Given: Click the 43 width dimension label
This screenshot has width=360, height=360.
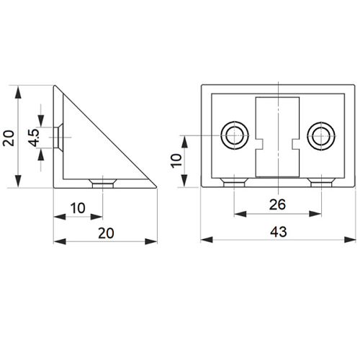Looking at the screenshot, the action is pyautogui.click(x=279, y=232).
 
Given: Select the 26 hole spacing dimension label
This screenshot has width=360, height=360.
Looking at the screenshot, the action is pyautogui.click(x=277, y=204).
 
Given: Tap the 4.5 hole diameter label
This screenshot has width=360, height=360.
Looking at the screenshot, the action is pyautogui.click(x=34, y=138).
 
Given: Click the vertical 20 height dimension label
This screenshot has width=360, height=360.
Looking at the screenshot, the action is pyautogui.click(x=9, y=138).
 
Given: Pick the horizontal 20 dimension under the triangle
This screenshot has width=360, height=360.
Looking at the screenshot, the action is pyautogui.click(x=106, y=233).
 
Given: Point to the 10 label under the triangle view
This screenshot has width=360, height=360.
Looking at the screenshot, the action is pyautogui.click(x=78, y=208).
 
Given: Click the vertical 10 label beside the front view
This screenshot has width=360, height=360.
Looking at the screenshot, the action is pyautogui.click(x=176, y=161).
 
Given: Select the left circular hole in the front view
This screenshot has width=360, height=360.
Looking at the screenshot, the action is pyautogui.click(x=235, y=135).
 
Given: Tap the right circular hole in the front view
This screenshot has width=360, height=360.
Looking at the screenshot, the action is pyautogui.click(x=321, y=136).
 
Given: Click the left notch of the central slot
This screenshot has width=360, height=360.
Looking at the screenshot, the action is pyautogui.click(x=259, y=144).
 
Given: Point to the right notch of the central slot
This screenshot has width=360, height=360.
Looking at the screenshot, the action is pyautogui.click(x=296, y=144).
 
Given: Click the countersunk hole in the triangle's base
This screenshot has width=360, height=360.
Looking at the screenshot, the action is pyautogui.click(x=103, y=184).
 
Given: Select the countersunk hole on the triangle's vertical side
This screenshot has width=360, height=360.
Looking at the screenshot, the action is pyautogui.click(x=58, y=138).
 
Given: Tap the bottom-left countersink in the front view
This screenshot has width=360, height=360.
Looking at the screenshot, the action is pyautogui.click(x=235, y=182).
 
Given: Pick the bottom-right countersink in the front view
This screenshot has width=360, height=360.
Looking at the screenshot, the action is pyautogui.click(x=321, y=182).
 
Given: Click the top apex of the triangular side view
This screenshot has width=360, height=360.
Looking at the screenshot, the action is pyautogui.click(x=55, y=85).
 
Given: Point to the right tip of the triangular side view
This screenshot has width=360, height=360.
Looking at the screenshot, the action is pyautogui.click(x=156, y=186).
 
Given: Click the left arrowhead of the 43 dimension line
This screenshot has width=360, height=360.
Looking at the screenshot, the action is pyautogui.click(x=207, y=240).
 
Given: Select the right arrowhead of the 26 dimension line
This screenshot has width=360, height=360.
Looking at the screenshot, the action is pyautogui.click(x=315, y=214).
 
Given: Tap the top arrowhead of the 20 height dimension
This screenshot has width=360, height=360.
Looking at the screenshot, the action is pyautogui.click(x=18, y=93).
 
